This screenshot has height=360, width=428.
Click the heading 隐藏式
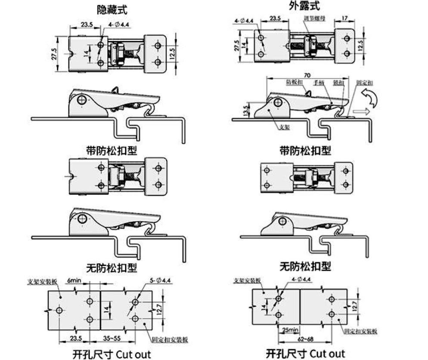tap(112, 9)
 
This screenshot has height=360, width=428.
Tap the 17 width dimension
tap(345, 18)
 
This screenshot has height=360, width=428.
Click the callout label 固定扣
tap(362, 81)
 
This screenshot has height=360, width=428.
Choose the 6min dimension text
tap(74, 280)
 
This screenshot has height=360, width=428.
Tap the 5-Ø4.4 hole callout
tap(161, 280)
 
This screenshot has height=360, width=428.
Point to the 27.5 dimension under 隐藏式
tap(54, 54)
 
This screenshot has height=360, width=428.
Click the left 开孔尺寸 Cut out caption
tap(112, 354)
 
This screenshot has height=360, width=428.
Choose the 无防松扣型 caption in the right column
tap(305, 267)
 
